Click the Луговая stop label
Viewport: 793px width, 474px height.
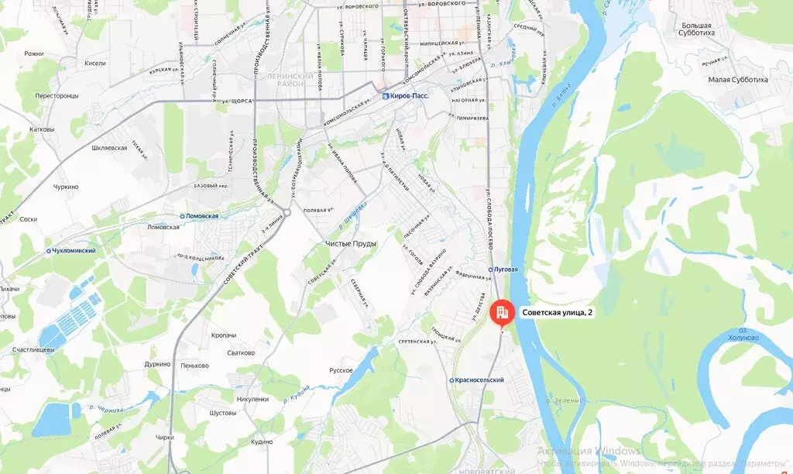click(505, 270)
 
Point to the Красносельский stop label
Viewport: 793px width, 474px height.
click(479, 380)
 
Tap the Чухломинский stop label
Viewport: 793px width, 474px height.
click(73, 251)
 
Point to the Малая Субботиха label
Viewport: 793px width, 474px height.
click(738, 79)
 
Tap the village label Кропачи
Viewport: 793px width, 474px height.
click(223, 335)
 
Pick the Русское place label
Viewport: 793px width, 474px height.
click(341, 370)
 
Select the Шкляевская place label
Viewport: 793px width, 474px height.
click(109, 147)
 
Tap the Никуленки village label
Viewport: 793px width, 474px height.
click(253, 399)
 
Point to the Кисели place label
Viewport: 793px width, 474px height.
click(95, 64)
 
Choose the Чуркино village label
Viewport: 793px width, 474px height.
click(66, 187)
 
